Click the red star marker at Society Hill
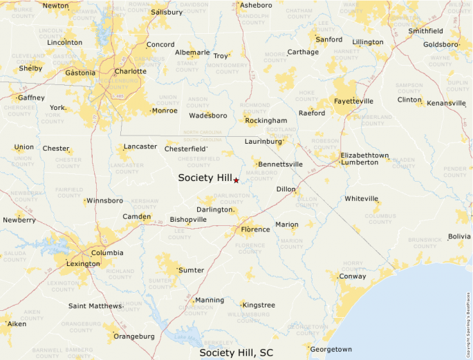tap(236, 180)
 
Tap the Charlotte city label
tap(131, 71)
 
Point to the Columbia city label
tap(107, 253)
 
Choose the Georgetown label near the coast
tap(331, 349)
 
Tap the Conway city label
tap(353, 276)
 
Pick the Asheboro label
tap(255, 6)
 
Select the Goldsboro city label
tap(440, 44)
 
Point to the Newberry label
tap(19, 220)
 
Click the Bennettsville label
tap(280, 164)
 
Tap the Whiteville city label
tap(362, 198)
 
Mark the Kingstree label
tap(259, 305)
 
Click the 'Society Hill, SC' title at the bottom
tap(236, 352)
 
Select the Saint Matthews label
tap(95, 305)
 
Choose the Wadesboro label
tap(207, 115)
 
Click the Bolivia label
tap(459, 236)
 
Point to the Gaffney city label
tap(31, 97)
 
